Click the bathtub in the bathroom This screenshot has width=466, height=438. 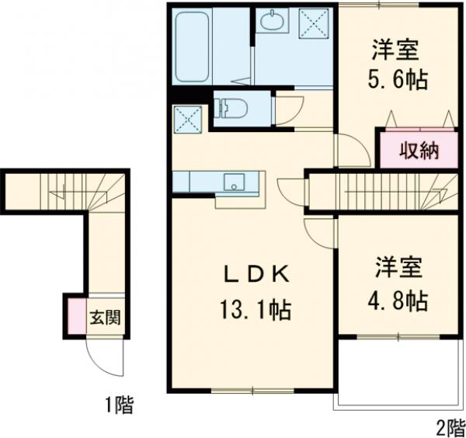pyautogui.click(x=193, y=47)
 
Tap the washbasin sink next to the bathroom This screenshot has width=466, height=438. pyautogui.click(x=273, y=22)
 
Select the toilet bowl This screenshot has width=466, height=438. pyautogui.click(x=230, y=107)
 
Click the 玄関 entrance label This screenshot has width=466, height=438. pyautogui.click(x=103, y=318)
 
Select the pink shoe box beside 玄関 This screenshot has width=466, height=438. pyautogui.click(x=75, y=317)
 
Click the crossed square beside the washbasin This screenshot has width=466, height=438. pyautogui.click(x=314, y=22)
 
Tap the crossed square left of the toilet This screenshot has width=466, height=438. pyautogui.click(x=188, y=119)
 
